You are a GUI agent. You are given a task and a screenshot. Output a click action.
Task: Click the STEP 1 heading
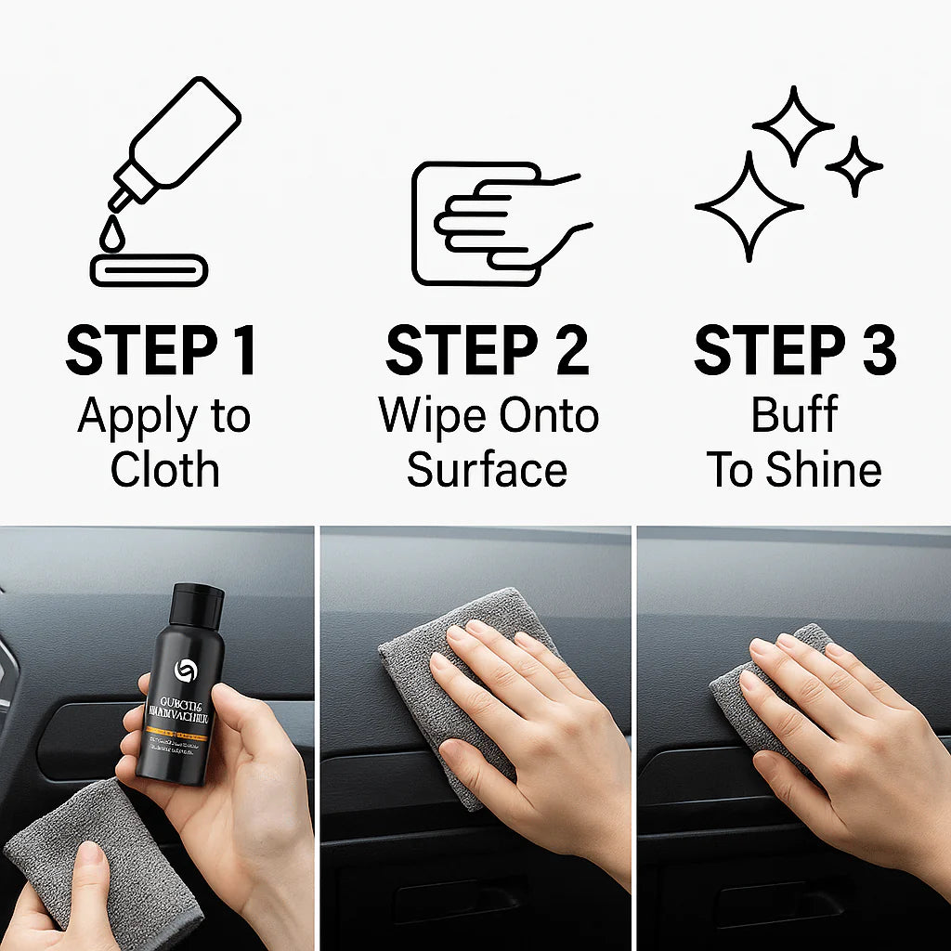point(161,351)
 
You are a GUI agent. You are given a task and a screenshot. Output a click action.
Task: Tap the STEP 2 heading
point(488,351)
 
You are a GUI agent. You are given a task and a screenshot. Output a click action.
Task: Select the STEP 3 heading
point(795,351)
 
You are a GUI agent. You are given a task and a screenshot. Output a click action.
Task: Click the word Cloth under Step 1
point(164,470)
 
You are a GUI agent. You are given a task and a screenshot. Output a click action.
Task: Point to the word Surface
point(487,470)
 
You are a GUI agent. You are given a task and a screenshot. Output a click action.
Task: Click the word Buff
point(794,415)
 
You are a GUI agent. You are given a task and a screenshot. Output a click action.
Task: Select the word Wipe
point(426,415)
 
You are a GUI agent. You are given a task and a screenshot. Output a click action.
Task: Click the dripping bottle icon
point(176,139)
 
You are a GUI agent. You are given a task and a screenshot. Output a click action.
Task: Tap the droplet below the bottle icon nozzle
point(112,236)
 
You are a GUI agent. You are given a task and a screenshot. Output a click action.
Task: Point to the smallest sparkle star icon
point(853,167)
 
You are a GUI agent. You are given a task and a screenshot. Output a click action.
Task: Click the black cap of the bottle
point(197,604)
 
